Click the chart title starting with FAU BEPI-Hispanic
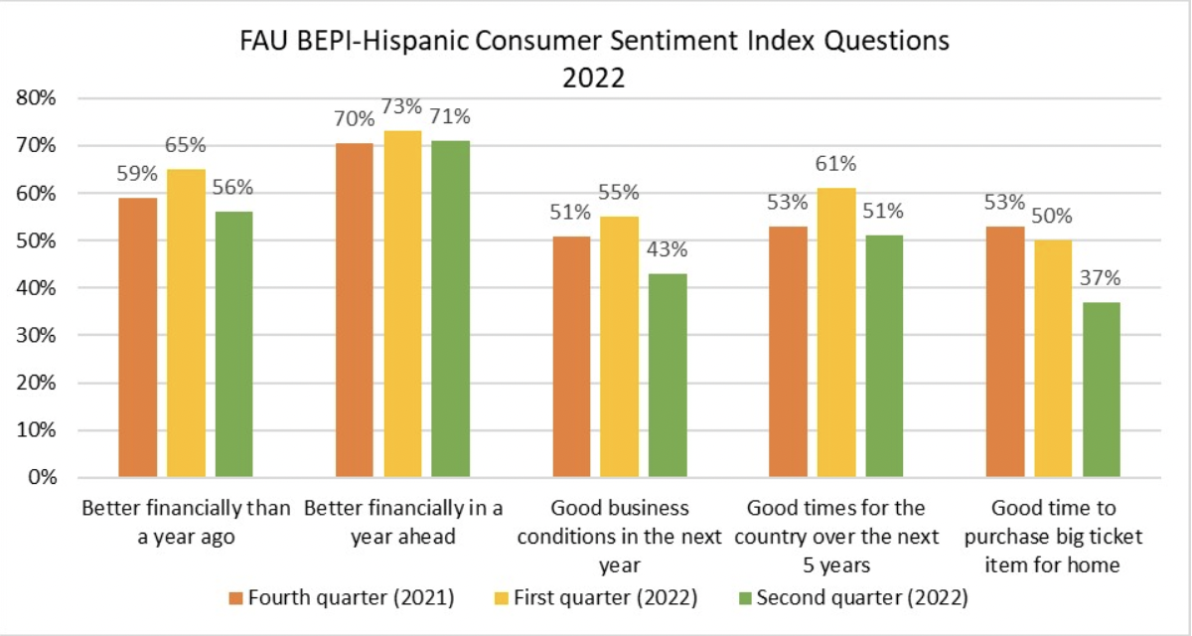[x=595, y=59]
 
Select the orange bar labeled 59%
[x=137, y=338]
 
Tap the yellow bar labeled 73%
[x=402, y=304]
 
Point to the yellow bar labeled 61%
[x=835, y=333]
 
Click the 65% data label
[x=186, y=145]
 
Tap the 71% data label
[x=450, y=116]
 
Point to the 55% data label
[x=619, y=193]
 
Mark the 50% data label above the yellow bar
[x=1053, y=217]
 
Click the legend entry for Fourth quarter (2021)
[x=342, y=598]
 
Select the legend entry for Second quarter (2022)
[x=852, y=598]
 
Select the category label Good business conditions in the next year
[x=619, y=537]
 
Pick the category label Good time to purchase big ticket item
[x=1053, y=537]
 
